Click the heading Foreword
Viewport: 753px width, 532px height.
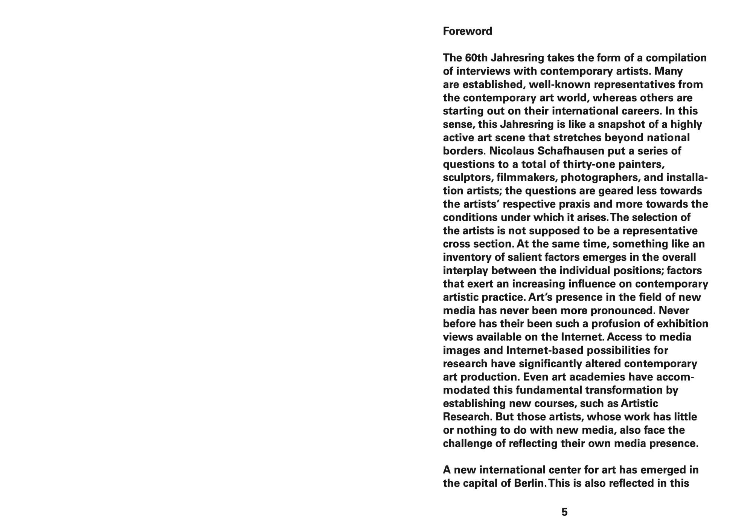[467, 31]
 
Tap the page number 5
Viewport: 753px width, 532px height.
[564, 512]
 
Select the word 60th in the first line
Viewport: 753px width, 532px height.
[476, 58]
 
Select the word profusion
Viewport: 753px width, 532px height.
[617, 324]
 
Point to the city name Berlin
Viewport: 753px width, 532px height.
[530, 483]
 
